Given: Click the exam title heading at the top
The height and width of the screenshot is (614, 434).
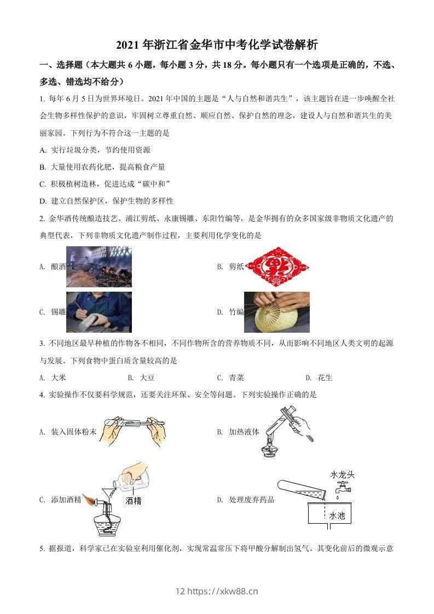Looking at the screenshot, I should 217,44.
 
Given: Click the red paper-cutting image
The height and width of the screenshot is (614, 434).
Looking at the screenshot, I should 277,267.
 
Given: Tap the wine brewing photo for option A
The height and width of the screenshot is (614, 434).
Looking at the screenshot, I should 99,267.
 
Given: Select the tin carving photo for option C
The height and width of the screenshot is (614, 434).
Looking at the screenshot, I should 99,312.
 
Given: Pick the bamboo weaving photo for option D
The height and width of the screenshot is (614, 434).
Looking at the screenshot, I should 276,312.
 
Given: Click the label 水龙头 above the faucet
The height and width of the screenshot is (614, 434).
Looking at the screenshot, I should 342,474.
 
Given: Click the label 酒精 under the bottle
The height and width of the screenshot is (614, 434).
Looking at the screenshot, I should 133,500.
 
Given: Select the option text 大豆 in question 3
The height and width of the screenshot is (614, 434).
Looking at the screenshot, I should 147,378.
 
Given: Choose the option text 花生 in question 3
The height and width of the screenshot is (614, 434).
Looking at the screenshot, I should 325,378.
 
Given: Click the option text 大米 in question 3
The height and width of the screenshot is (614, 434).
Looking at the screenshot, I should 59,378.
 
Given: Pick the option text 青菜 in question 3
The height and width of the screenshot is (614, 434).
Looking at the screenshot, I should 236,378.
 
